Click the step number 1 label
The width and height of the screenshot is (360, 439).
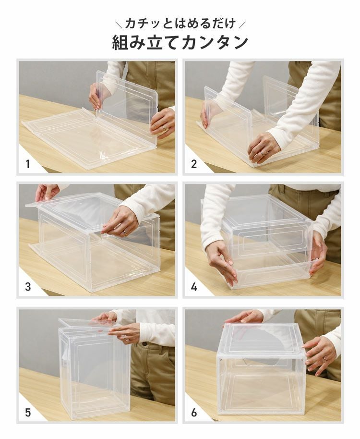(28, 164)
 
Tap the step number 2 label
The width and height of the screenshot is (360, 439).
(194, 164)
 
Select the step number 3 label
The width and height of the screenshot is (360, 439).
(28, 287)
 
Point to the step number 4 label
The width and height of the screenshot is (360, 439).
(194, 287)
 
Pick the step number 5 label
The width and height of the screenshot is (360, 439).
(28, 412)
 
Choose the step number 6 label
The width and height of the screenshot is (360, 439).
(194, 412)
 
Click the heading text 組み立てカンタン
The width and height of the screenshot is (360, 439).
(180, 42)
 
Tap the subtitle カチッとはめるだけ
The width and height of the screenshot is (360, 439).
(180, 23)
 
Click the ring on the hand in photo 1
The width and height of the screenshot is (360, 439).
(164, 128)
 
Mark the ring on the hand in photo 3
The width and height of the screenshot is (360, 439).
(124, 233)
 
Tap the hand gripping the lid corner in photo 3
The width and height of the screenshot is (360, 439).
(47, 192)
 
